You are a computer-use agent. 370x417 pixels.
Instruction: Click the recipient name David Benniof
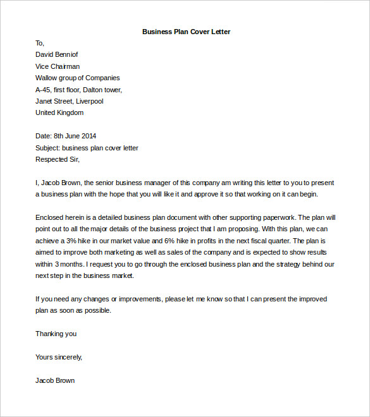coord(57,55)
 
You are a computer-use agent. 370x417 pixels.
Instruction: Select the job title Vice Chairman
coord(58,66)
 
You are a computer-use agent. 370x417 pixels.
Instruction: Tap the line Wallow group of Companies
coord(78,78)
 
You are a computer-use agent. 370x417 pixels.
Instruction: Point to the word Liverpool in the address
coord(89,101)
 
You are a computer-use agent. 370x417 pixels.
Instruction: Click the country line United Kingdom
coord(59,112)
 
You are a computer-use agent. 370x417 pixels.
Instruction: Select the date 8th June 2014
coord(75,136)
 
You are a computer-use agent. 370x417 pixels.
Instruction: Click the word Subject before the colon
coord(47,148)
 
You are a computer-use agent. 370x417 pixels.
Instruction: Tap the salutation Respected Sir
coord(56,159)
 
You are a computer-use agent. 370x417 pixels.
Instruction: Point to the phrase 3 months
coord(66,263)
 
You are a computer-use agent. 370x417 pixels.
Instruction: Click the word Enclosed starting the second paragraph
coord(51,217)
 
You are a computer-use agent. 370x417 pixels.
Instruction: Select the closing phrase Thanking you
coord(56,334)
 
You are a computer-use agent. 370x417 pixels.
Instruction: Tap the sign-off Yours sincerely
coord(58,357)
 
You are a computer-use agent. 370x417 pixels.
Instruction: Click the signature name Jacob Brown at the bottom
coord(55,380)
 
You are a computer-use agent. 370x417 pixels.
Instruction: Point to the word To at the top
coord(39,43)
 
